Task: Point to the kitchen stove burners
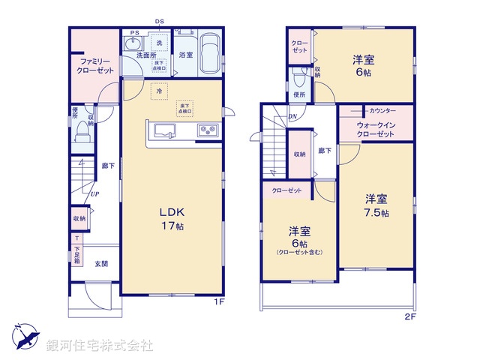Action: pyautogui.click(x=207, y=131)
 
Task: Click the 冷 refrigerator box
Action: pyautogui.click(x=158, y=91)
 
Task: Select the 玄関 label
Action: pyautogui.click(x=100, y=264)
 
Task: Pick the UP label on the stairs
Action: pyautogui.click(x=94, y=195)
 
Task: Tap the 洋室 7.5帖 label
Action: pyautogui.click(x=376, y=205)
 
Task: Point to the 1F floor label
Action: pyautogui.click(x=219, y=303)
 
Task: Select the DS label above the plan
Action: pyautogui.click(x=160, y=22)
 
